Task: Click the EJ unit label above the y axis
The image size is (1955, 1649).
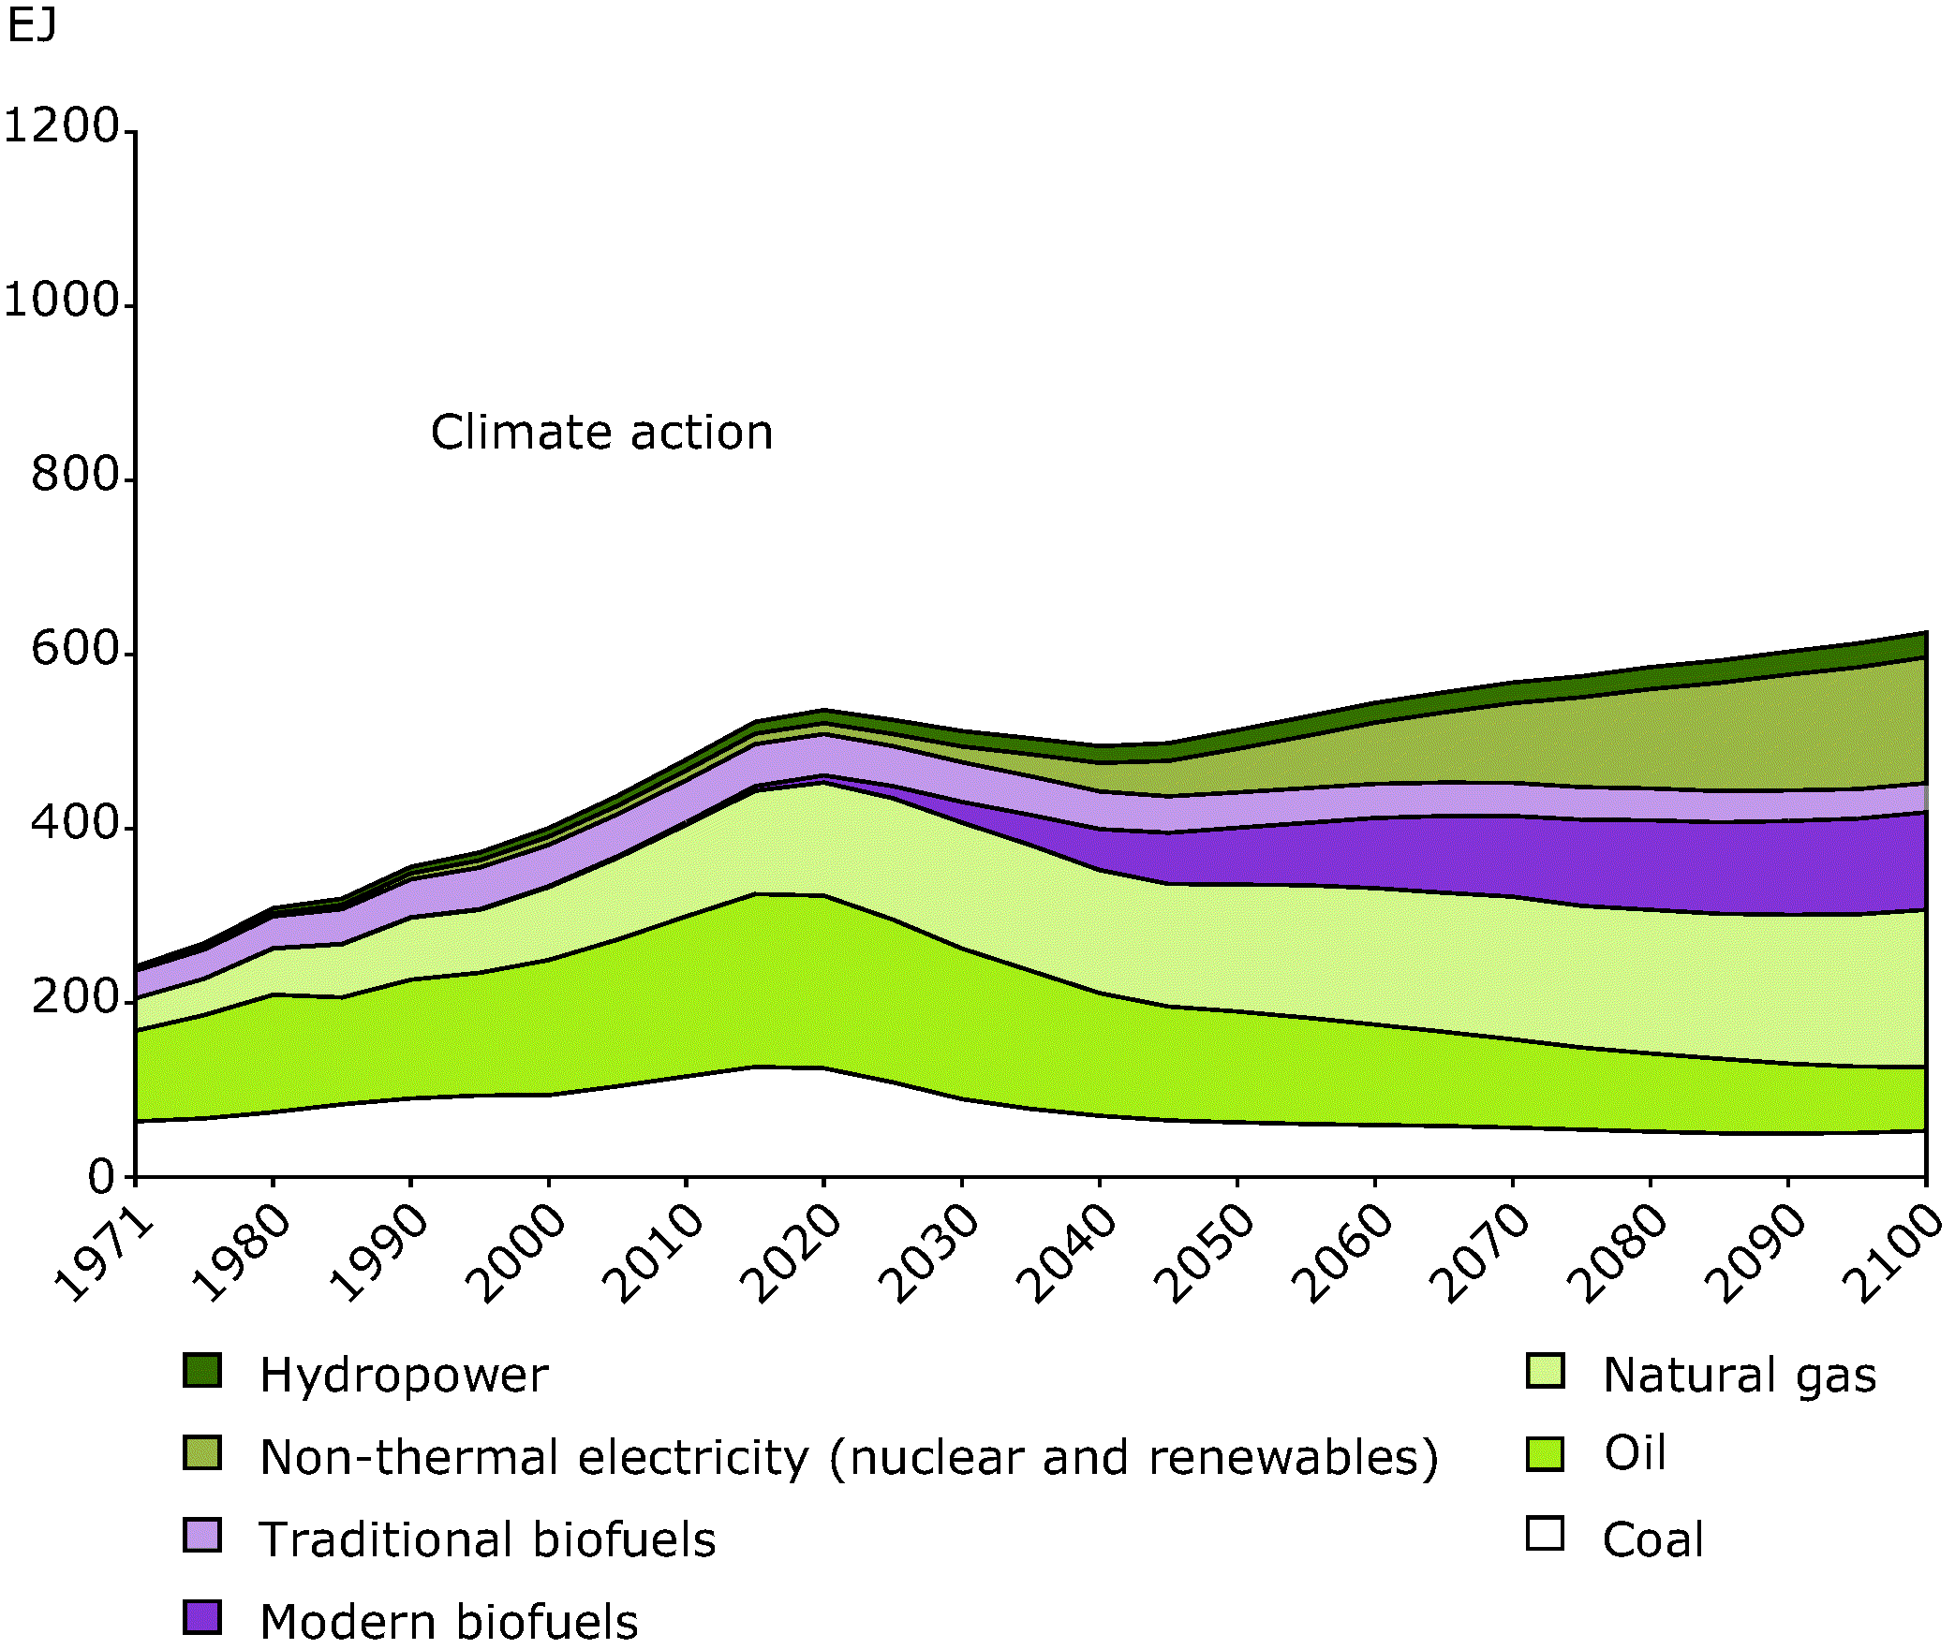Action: pos(32,26)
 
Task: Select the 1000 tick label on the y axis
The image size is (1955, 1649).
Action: pos(62,301)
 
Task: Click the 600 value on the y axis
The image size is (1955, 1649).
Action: pos(76,649)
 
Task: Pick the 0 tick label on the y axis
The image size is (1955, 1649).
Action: pos(102,1176)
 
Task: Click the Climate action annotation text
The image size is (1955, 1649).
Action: pos(601,433)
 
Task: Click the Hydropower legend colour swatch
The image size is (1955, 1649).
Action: pos(202,1371)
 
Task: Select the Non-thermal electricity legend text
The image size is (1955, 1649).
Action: pos(849,1458)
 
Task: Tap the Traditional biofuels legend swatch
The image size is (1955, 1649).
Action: pos(202,1537)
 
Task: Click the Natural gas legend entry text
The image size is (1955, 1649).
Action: pos(1740,1376)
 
